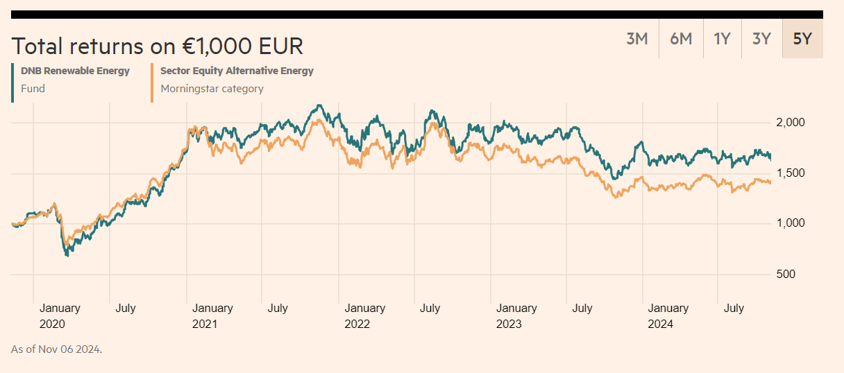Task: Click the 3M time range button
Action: click(636, 39)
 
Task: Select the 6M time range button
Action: click(681, 39)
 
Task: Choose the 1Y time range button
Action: click(722, 39)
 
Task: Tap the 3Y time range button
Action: click(761, 39)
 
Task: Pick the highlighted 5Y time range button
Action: click(802, 39)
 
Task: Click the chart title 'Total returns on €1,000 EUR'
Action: click(158, 46)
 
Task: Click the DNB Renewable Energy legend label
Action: click(75, 71)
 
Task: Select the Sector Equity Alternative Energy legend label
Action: click(237, 71)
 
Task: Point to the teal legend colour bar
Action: click(12, 83)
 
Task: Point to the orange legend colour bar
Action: click(152, 83)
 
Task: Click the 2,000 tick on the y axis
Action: click(790, 123)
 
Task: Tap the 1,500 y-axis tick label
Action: click(790, 173)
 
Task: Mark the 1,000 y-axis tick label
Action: click(790, 223)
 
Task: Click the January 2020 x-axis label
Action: click(60, 315)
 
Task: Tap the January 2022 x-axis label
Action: click(364, 315)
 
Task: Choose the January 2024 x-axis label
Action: click(668, 315)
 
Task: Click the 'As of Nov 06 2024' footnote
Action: click(56, 349)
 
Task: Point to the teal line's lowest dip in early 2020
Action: click(67, 255)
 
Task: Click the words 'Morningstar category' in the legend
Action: click(212, 89)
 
